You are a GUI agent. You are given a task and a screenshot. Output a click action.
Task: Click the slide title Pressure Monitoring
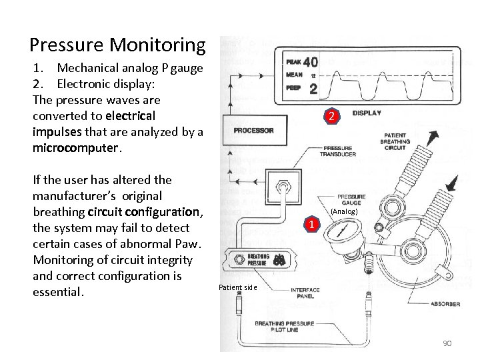click(x=117, y=45)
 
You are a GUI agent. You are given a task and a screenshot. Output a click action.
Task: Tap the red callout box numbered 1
click(x=310, y=224)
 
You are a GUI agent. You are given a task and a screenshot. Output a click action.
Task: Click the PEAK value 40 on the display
click(x=310, y=61)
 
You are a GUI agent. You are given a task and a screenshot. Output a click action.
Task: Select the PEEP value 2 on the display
click(x=313, y=88)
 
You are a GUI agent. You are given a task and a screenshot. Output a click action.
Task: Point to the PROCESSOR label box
click(x=253, y=131)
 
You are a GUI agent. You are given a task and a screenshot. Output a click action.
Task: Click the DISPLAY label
click(x=367, y=113)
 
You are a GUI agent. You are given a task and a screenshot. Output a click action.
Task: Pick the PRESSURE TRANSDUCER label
click(x=339, y=151)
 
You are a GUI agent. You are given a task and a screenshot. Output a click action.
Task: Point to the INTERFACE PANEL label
click(x=306, y=293)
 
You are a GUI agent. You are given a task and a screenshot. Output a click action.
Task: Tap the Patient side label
click(x=237, y=287)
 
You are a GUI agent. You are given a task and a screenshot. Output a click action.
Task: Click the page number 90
click(x=446, y=343)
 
